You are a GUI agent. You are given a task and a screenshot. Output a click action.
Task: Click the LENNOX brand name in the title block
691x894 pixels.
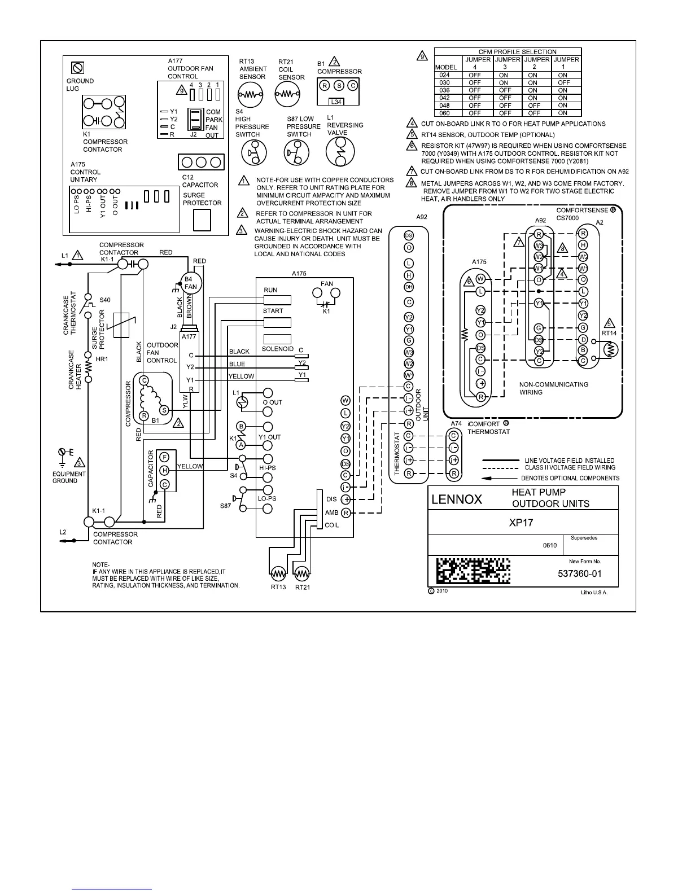pyautogui.click(x=457, y=499)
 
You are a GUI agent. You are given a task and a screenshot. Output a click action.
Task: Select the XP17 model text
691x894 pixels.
pyautogui.click(x=521, y=523)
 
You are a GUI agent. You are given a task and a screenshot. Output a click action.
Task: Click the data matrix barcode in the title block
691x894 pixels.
pyautogui.click(x=473, y=571)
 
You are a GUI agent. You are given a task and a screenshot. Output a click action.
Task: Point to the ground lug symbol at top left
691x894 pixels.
pyautogui.click(x=78, y=68)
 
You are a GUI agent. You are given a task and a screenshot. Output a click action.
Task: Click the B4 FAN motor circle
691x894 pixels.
pyautogui.click(x=190, y=283)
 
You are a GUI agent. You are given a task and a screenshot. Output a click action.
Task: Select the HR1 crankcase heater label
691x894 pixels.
pyautogui.click(x=102, y=359)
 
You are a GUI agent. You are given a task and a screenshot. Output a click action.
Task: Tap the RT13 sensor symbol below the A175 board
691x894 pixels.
pyautogui.click(x=278, y=575)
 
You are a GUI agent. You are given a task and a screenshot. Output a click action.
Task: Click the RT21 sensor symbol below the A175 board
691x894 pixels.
pyautogui.click(x=302, y=575)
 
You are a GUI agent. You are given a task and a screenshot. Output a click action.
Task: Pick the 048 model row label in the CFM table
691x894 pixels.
pyautogui.click(x=444, y=106)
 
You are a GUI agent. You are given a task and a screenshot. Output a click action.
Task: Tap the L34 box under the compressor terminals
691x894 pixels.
pyautogui.click(x=336, y=102)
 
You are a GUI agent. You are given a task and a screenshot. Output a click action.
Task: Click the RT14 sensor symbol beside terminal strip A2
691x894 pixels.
pyautogui.click(x=609, y=349)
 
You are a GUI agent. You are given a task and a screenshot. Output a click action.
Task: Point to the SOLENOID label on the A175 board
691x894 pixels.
pyautogui.click(x=277, y=349)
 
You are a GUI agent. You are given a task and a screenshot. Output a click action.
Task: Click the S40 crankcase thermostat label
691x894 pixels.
pyautogui.click(x=105, y=300)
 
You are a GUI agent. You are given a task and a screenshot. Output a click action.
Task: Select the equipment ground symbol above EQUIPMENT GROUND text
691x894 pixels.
pyautogui.click(x=63, y=453)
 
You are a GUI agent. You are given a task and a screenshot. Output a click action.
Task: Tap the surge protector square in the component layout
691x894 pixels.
pyautogui.click(x=202, y=220)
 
